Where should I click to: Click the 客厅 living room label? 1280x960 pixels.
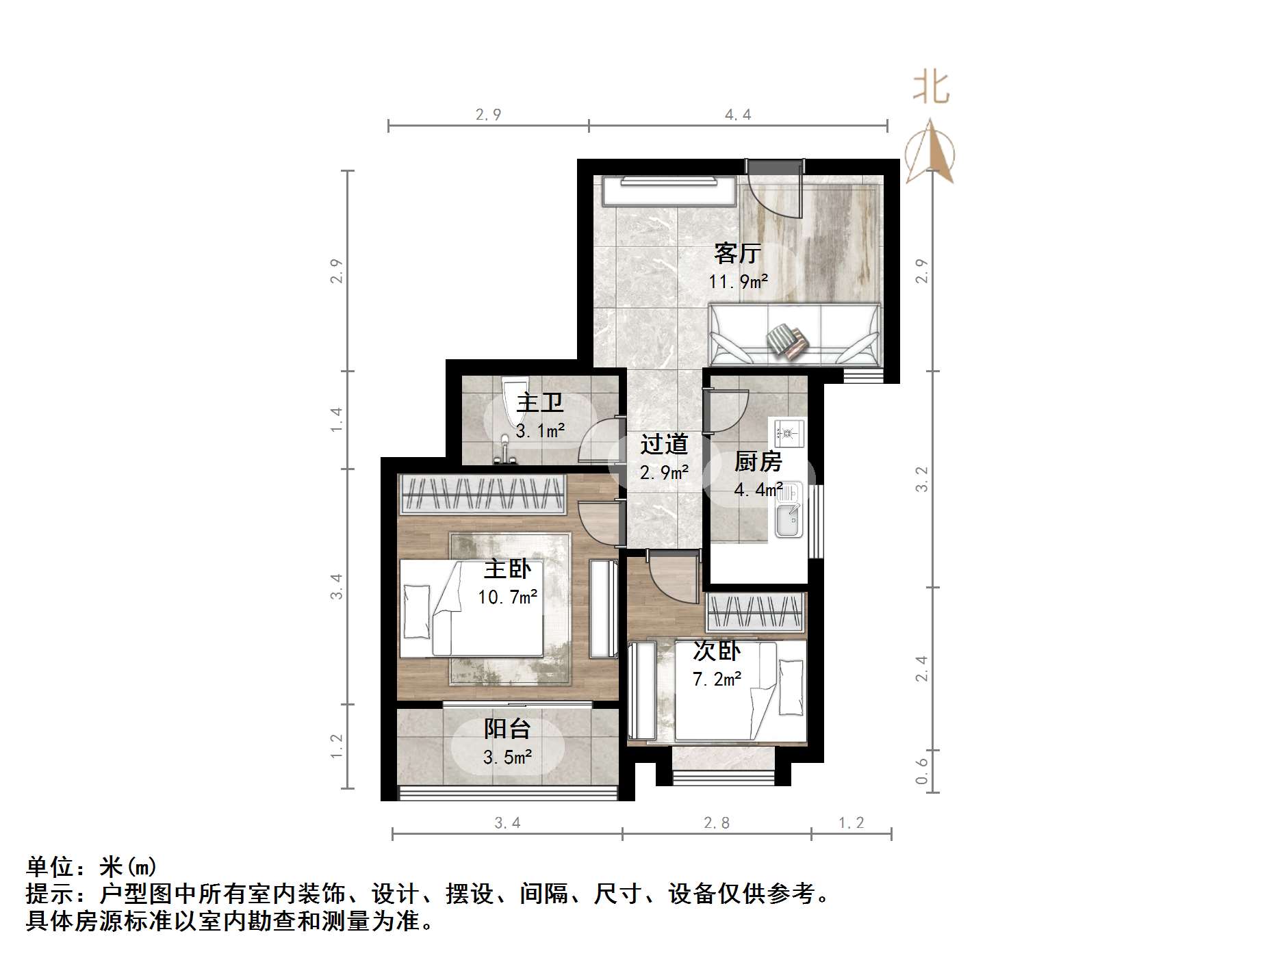[x=737, y=253]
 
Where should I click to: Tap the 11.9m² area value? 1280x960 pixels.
[x=738, y=281]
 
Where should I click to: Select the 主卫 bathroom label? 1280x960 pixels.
[x=540, y=402]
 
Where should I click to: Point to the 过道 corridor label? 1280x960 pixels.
[x=663, y=445]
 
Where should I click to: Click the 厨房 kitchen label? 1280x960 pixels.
[x=758, y=462]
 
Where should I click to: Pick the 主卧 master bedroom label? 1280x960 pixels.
[x=507, y=569]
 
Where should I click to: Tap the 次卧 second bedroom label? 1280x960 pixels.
[x=717, y=651]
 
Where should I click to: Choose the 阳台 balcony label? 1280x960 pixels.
[x=507, y=729]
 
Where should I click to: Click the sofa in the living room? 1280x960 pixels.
[x=795, y=335]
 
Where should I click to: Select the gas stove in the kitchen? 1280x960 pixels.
[x=788, y=432]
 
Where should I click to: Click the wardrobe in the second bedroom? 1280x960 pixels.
[x=754, y=612]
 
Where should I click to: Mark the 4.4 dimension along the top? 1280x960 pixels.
[x=738, y=115]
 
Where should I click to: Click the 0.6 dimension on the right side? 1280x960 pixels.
[x=922, y=770]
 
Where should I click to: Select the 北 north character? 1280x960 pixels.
[x=931, y=88]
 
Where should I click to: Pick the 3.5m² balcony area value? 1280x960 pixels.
[x=507, y=757]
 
